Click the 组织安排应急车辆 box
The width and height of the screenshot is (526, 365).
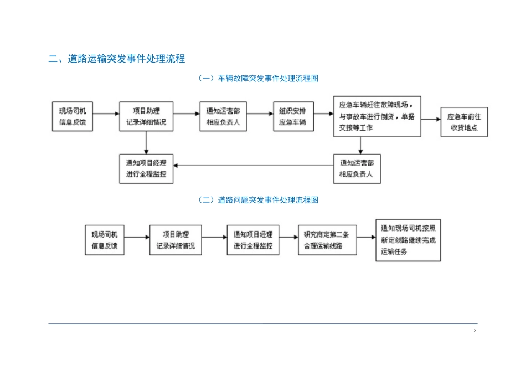(293, 117)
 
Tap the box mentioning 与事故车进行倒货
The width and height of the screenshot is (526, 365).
(377, 116)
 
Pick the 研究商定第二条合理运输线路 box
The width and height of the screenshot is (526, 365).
(319, 240)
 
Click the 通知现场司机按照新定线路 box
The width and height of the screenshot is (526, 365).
(408, 240)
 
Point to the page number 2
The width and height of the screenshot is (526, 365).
(475, 331)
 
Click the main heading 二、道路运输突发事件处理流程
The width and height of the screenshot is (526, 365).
(116, 59)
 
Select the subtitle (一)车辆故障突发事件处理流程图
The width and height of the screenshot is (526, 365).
(258, 79)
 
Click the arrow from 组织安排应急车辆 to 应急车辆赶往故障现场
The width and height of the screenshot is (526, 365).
(323, 116)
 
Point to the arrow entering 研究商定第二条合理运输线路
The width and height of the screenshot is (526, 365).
(288, 238)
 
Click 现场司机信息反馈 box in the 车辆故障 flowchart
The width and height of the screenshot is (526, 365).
(73, 117)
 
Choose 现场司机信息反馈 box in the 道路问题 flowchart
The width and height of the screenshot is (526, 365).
(105, 240)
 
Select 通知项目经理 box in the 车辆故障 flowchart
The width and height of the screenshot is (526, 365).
(146, 169)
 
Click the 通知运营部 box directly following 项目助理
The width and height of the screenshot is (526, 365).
(223, 117)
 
